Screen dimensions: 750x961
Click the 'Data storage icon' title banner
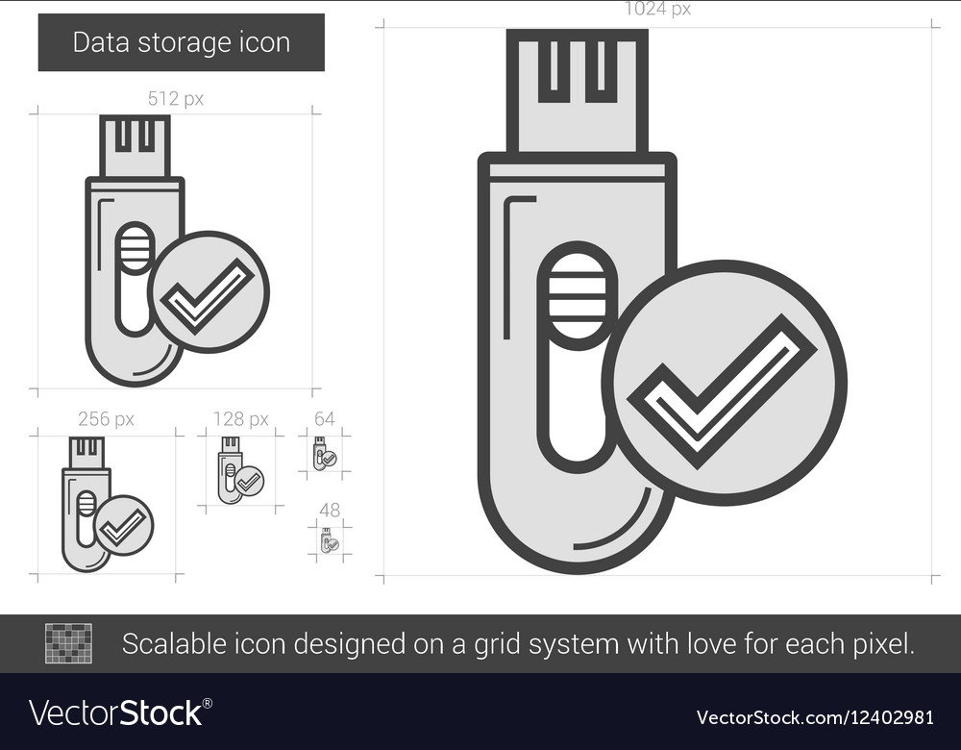click(x=182, y=43)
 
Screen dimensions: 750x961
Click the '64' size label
click(x=325, y=419)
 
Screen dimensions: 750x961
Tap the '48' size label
click(x=330, y=510)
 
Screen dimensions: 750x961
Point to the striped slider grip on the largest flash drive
click(x=578, y=295)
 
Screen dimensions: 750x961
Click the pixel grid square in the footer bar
click(x=69, y=643)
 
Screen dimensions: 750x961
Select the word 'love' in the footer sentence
click(x=702, y=644)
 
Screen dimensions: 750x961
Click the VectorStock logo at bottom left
click(x=120, y=713)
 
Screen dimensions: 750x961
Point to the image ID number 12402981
click(x=889, y=716)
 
